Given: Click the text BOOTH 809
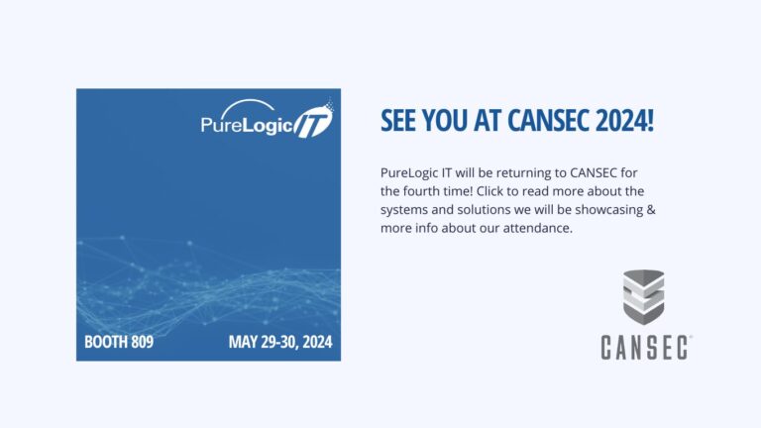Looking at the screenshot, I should pyautogui.click(x=119, y=344).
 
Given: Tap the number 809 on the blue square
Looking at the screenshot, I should pyautogui.click(x=140, y=344).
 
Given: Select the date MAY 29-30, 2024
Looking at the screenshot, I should pyautogui.click(x=279, y=344).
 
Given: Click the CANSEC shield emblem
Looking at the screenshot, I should pyautogui.click(x=643, y=296).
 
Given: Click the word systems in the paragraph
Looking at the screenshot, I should pyautogui.click(x=403, y=209).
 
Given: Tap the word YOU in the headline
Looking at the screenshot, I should pyautogui.click(x=451, y=122).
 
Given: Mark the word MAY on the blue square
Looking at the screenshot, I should pyautogui.click(x=244, y=344).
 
